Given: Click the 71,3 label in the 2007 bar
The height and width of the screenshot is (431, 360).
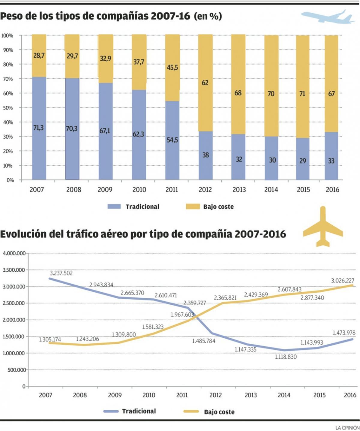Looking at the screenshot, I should pos(38,128).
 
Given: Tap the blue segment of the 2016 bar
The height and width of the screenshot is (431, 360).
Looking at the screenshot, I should pos(331,156).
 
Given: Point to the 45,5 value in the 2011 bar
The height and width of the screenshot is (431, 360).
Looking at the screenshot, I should pos(172,68).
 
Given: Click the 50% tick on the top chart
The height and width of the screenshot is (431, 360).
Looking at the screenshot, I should pos(8,108).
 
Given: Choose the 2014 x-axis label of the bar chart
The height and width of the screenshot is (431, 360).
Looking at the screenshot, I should pos(271,190).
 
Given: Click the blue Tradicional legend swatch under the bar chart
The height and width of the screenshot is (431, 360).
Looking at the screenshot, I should pos(114,206).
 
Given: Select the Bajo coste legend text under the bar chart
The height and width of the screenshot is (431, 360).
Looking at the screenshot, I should pos(218,207).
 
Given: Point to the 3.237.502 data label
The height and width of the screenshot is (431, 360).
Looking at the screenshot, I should pos(61,273).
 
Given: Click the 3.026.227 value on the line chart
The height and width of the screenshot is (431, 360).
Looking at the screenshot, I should pos(343,281).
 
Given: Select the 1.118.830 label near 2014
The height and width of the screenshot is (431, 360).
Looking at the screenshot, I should pos(286,357).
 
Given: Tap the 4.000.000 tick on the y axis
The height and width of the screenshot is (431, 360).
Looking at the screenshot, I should pos(14,253).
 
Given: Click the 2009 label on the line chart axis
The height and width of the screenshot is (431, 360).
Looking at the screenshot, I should pos(115,395).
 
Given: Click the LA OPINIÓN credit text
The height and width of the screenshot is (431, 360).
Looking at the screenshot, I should pos(347,427).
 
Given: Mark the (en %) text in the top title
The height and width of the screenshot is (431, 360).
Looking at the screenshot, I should pos(208,16).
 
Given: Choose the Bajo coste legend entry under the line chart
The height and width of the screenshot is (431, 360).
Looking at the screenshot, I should pos(219,412).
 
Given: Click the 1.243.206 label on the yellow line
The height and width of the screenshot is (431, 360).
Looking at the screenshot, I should pos(87,339).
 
